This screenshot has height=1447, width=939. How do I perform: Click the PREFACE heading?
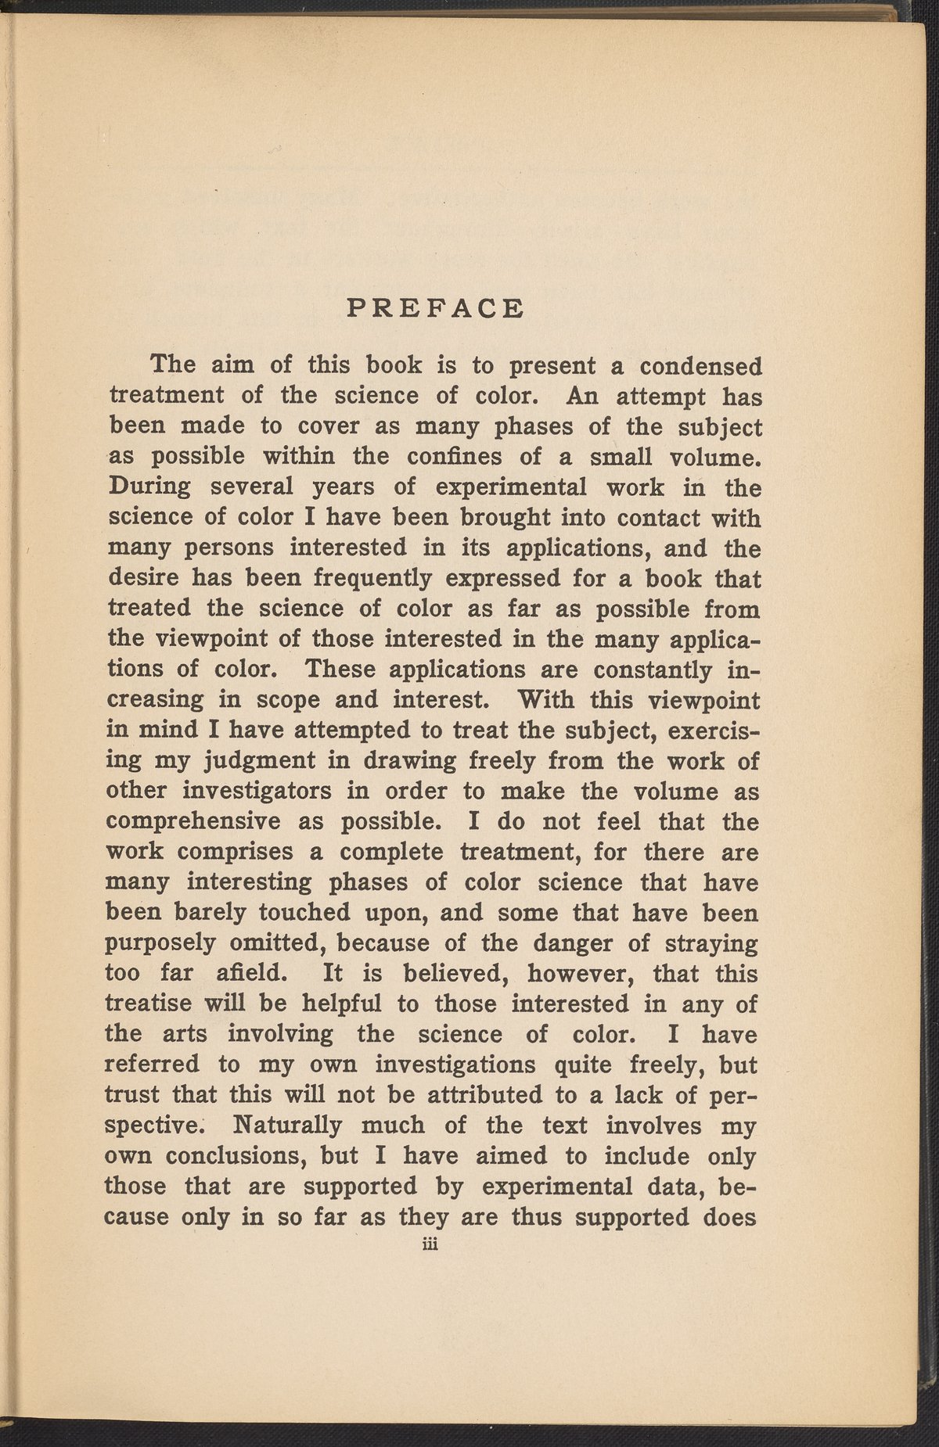435,307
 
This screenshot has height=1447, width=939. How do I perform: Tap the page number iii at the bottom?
428,1246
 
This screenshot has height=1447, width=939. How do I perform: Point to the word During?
149,487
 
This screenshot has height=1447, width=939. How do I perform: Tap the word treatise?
146,1004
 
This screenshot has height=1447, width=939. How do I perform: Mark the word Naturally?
288,1126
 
